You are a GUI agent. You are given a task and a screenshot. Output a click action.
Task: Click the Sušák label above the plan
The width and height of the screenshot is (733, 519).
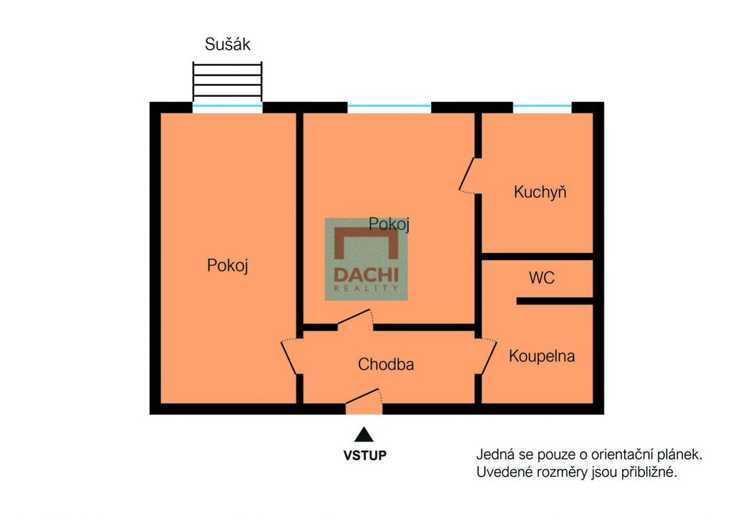pyautogui.click(x=228, y=44)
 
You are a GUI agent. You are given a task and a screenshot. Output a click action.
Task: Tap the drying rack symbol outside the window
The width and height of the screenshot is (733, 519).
pyautogui.click(x=228, y=80)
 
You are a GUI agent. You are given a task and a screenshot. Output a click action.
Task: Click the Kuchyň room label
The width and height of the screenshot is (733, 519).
pyautogui.click(x=540, y=192)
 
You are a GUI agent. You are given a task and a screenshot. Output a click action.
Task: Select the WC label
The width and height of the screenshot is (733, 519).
pyautogui.click(x=542, y=277)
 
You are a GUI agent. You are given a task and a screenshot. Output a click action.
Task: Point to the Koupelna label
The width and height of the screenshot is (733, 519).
pyautogui.click(x=542, y=356)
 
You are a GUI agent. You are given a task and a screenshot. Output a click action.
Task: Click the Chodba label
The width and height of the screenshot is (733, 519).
pyautogui.click(x=386, y=364)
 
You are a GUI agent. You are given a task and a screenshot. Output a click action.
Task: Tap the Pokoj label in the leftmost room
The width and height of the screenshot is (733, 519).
pyautogui.click(x=228, y=266)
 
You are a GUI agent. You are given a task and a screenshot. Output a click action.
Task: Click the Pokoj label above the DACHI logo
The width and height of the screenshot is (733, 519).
pyautogui.click(x=389, y=224)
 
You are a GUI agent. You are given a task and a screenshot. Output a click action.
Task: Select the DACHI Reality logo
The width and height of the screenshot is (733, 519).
pyautogui.click(x=366, y=259)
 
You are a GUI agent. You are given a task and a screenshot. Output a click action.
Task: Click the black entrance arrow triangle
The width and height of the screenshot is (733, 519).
pyautogui.click(x=364, y=434)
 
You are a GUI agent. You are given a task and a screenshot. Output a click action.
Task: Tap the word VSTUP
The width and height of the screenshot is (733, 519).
pyautogui.click(x=364, y=455)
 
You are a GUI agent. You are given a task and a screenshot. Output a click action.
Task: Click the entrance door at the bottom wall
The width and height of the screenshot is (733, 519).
pyautogui.click(x=364, y=401)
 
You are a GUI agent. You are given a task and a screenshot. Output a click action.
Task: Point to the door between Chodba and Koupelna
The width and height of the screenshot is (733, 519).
pyautogui.click(x=487, y=356)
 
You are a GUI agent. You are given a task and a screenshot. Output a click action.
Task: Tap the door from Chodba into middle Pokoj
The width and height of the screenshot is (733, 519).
pyautogui.click(x=355, y=319)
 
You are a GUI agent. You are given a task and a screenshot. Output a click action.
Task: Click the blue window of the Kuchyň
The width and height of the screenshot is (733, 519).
pyautogui.click(x=543, y=108)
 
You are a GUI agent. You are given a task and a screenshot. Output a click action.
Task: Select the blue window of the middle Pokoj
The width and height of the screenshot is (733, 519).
pyautogui.click(x=389, y=108)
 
